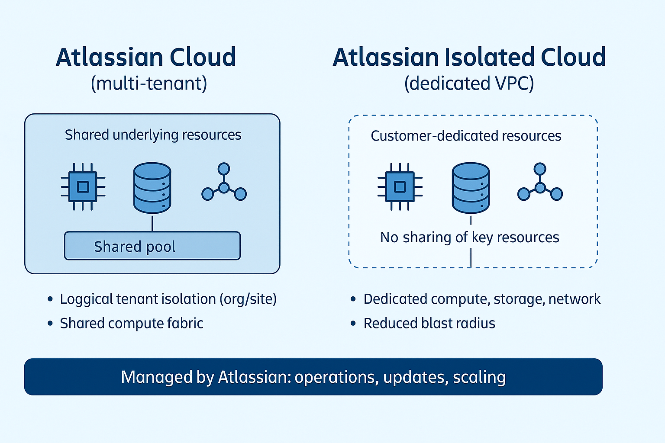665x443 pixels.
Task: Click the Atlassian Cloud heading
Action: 146,58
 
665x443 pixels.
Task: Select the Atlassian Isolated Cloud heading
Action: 469,58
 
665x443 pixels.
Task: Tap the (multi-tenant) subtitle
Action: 149,83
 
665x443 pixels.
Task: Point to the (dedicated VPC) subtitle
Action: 469,83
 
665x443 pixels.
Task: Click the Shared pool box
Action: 152,246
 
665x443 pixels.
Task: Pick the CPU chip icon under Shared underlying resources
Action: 83,187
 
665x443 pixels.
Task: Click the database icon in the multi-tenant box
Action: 152,188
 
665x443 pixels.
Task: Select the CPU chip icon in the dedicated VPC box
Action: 400,187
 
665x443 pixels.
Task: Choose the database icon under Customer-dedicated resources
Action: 471,188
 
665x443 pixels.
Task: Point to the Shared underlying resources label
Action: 153,135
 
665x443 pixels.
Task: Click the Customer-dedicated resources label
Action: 466,136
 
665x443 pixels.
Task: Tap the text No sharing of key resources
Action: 469,238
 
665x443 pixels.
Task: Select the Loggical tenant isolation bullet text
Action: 168,299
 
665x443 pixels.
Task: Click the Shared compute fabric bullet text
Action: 132,323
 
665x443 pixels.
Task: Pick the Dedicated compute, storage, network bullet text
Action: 482,299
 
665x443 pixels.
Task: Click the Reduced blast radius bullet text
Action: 429,323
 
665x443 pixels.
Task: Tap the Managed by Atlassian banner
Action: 313,377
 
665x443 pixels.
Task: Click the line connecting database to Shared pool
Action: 152,223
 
